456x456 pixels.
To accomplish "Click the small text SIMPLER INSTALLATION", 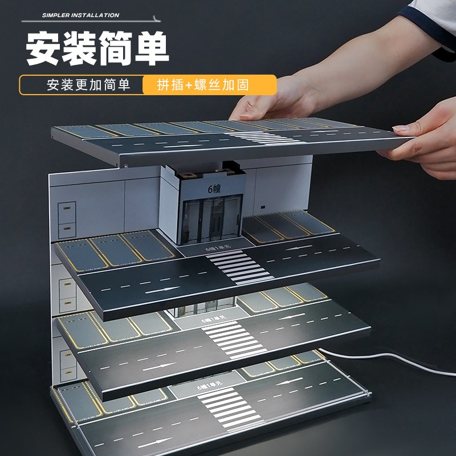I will (80, 15).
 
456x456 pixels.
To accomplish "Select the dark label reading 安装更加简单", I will (88, 85).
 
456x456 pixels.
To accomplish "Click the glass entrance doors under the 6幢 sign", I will (213, 219).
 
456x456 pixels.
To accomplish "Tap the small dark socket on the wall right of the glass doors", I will (263, 206).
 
